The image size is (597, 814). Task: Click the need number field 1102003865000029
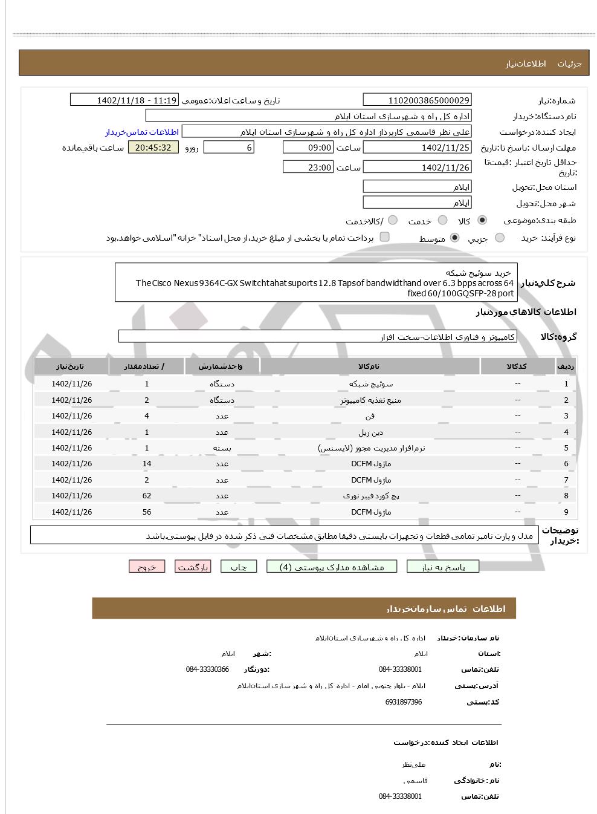[417, 100]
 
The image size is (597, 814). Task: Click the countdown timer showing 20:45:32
[153, 148]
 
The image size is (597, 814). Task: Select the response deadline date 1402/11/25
[417, 148]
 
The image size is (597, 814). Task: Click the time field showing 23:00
[308, 168]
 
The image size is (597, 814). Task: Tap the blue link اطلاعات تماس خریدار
[143, 132]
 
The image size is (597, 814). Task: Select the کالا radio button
[482, 221]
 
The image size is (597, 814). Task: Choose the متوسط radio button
[455, 238]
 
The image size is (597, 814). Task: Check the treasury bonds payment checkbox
[384, 237]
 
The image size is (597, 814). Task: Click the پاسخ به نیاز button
[443, 567]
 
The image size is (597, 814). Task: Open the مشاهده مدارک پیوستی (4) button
[332, 567]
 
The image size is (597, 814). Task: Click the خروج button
[147, 567]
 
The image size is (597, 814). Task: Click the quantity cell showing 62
[147, 496]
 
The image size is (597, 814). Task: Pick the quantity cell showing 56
[147, 512]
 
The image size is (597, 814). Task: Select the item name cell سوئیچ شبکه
[370, 384]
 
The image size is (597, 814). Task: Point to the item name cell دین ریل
[370, 432]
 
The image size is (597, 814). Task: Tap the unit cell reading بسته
[222, 448]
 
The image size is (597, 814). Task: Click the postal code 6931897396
[403, 702]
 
